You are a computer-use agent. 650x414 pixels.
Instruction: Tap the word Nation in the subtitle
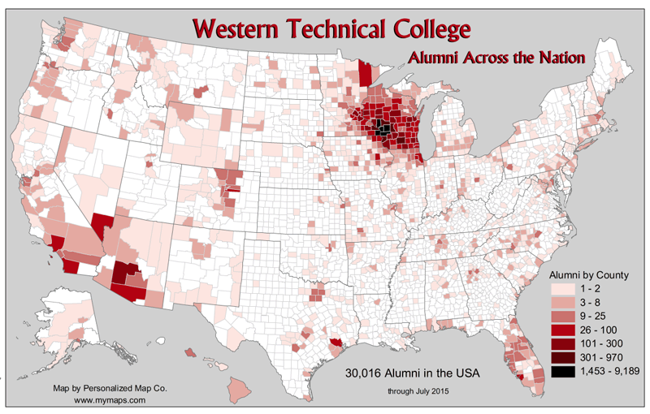click(x=557, y=58)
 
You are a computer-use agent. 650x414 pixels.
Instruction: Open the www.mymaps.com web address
click(x=110, y=401)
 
